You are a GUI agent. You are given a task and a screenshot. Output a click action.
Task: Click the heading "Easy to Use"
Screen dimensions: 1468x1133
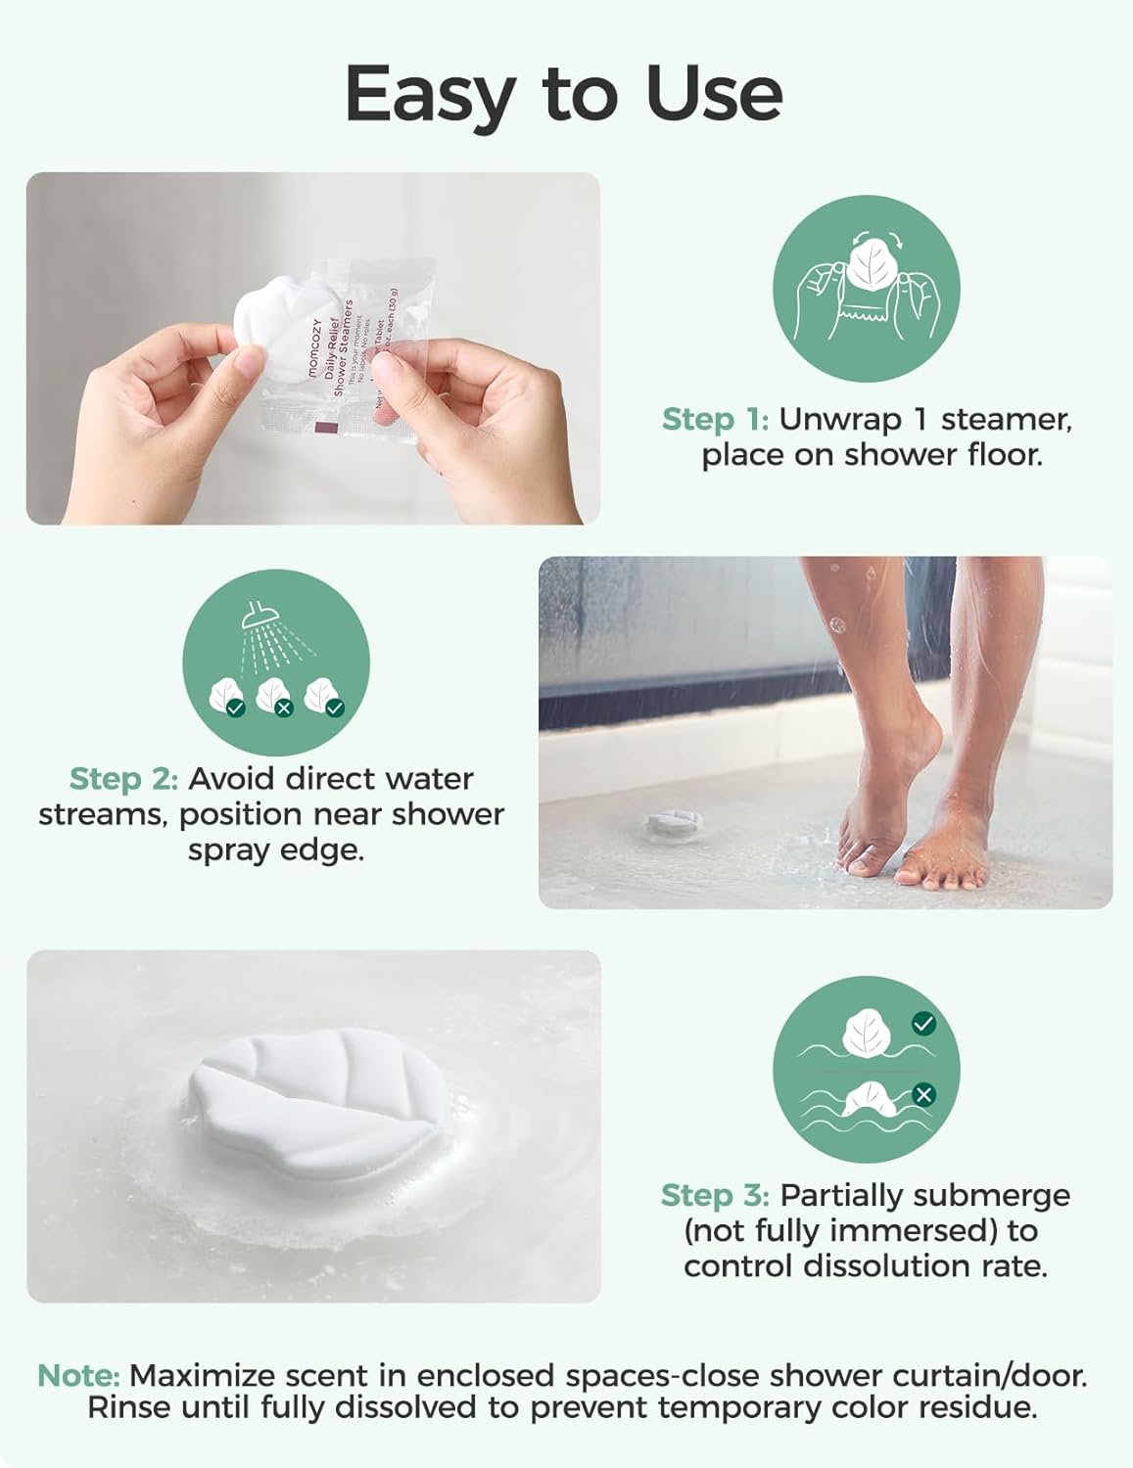point(564,94)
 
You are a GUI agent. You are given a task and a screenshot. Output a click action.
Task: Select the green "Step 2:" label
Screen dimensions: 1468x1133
point(123,779)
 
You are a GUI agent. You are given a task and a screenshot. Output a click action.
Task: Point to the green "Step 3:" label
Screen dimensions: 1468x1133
point(715,1195)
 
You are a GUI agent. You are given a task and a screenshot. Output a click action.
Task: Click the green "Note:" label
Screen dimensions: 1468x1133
point(78,1375)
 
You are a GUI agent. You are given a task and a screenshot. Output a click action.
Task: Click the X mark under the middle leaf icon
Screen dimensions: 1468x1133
point(284,708)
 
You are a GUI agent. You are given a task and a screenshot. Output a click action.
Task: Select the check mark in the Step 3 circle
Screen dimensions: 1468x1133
point(922,1024)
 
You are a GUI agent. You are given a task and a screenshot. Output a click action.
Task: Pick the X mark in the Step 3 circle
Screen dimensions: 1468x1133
point(922,1094)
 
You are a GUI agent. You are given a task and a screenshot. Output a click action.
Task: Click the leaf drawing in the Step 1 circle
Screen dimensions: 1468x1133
point(866,264)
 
